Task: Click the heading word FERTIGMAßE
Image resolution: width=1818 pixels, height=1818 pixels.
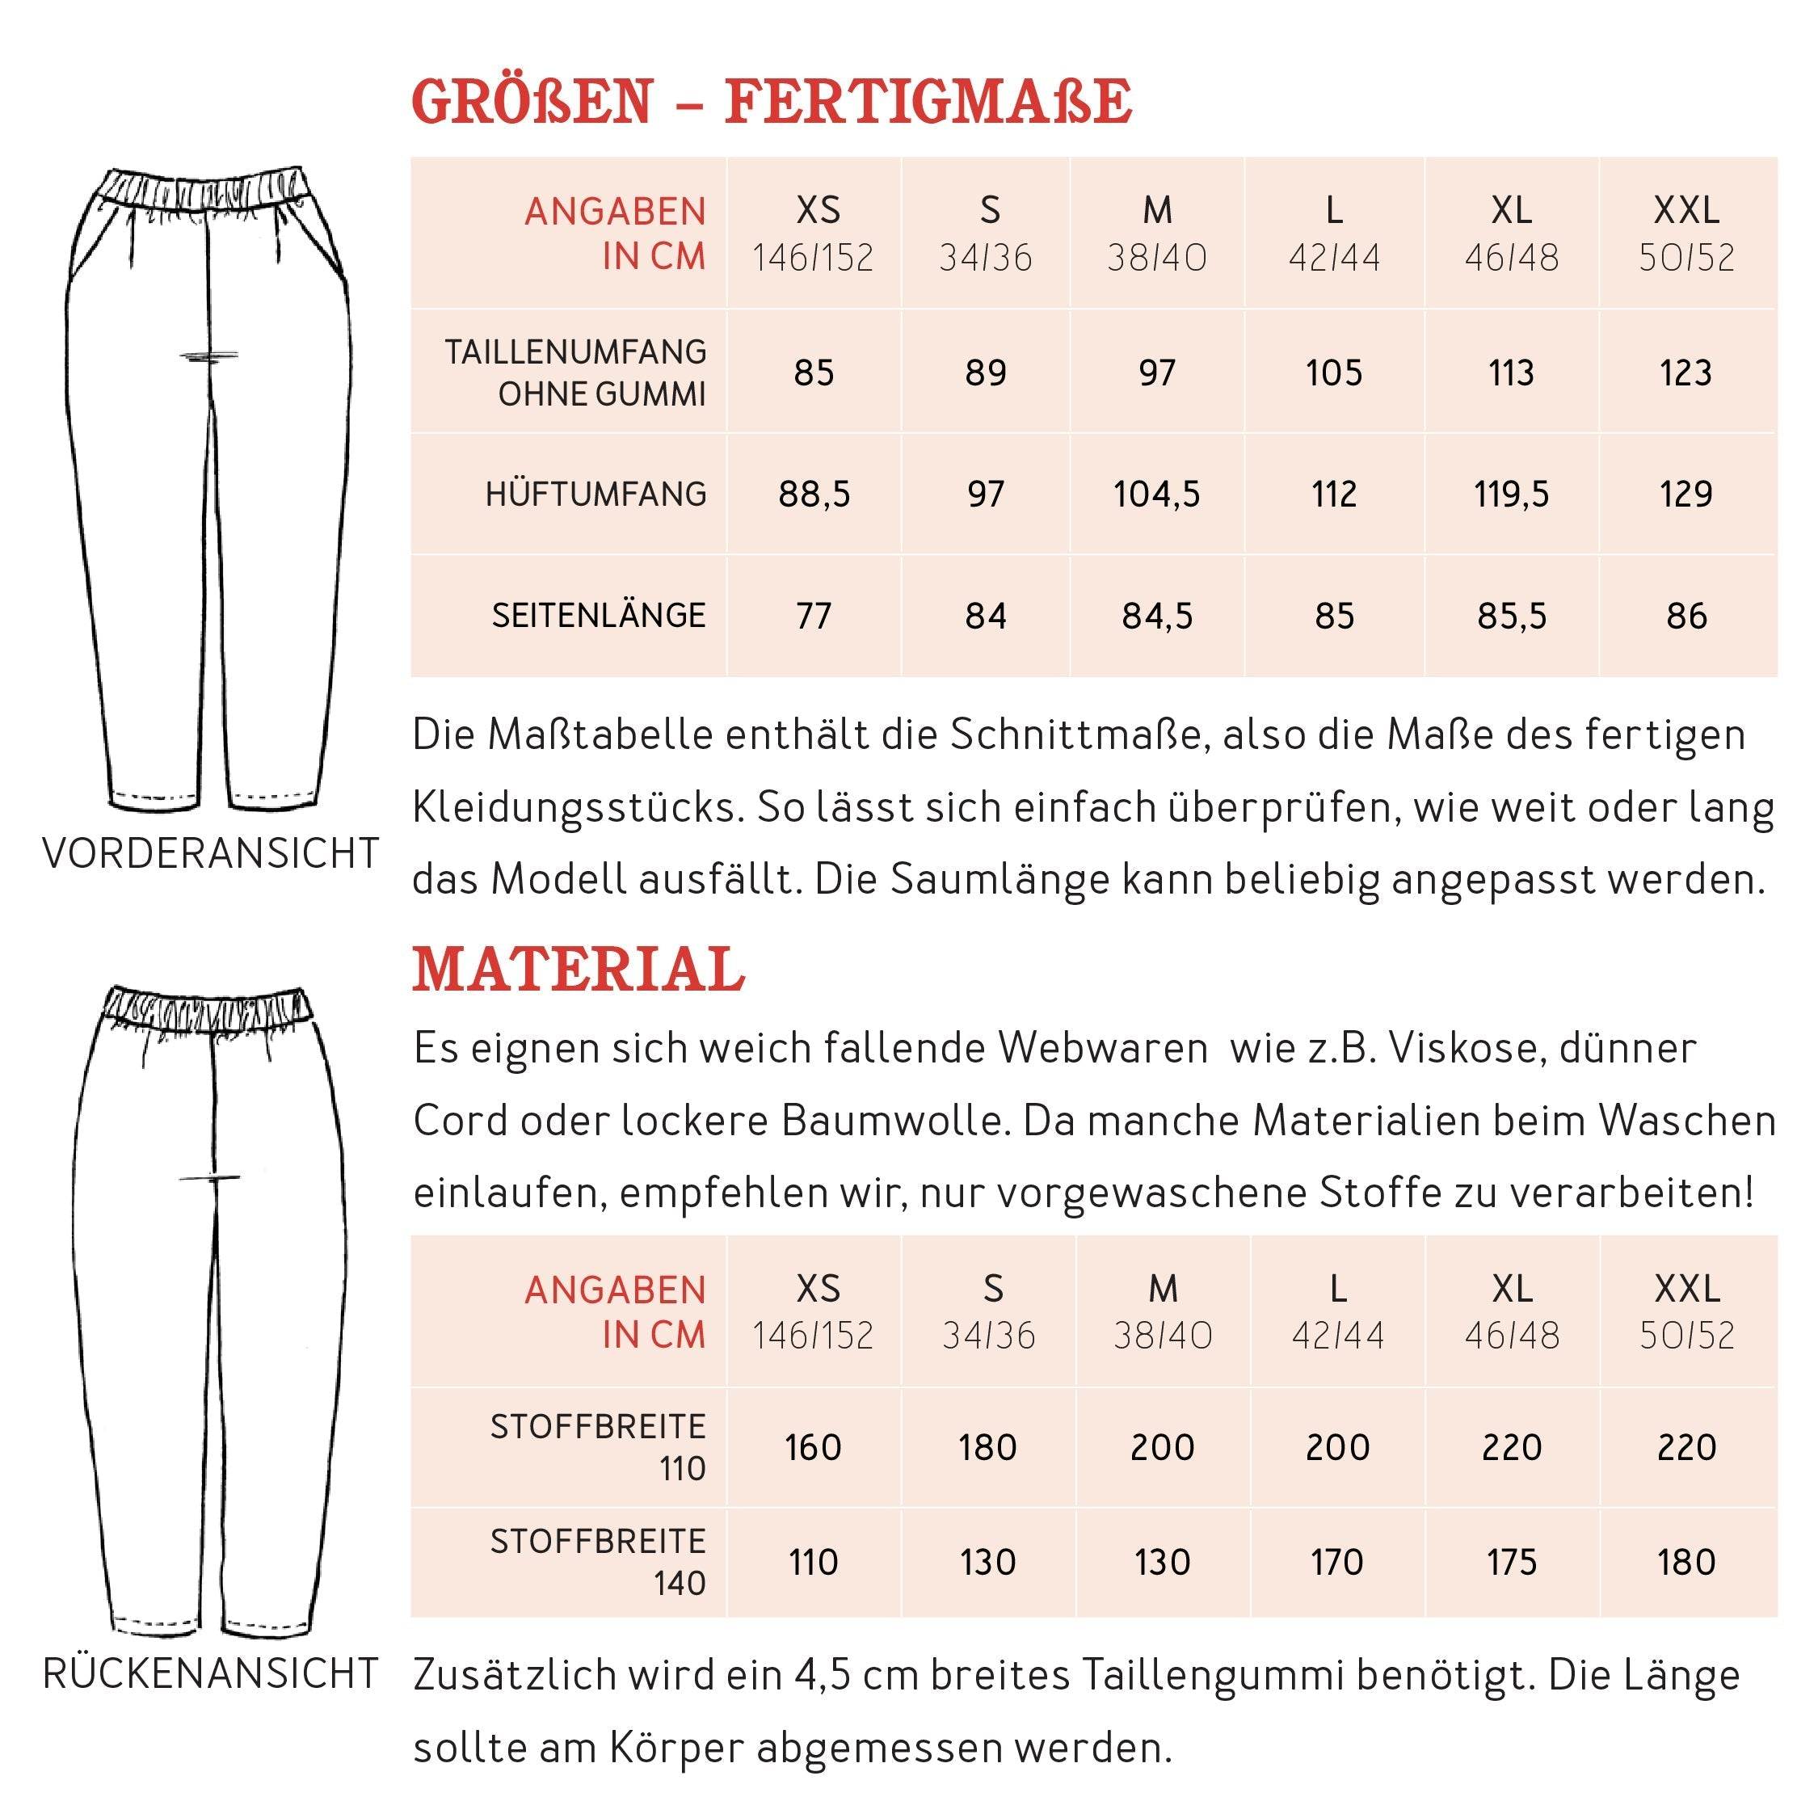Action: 928,102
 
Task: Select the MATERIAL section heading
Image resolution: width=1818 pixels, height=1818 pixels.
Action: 578,970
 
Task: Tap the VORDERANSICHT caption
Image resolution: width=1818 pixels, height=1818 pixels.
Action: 211,854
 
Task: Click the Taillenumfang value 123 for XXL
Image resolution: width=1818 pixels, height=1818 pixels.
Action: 1685,373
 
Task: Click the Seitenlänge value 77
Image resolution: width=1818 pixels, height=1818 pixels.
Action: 814,617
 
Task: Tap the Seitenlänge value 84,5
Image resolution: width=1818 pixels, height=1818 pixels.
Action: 1156,617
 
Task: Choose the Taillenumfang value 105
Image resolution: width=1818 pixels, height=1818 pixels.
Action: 1333,373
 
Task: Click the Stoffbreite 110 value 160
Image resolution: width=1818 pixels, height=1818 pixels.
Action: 814,1447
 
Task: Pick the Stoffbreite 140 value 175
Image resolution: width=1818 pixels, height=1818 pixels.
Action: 1511,1562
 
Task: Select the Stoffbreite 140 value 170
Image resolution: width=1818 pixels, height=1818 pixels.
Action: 1337,1562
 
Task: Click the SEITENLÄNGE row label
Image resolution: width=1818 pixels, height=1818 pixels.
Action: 599,617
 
